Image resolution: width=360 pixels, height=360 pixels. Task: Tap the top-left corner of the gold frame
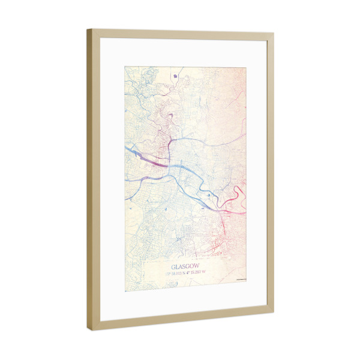coord(88,30)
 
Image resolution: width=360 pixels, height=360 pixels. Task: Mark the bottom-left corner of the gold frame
coord(89,330)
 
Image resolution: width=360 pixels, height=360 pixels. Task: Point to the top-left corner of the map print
coord(125,65)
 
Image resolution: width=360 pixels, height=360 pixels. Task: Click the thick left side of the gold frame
coord(92,180)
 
